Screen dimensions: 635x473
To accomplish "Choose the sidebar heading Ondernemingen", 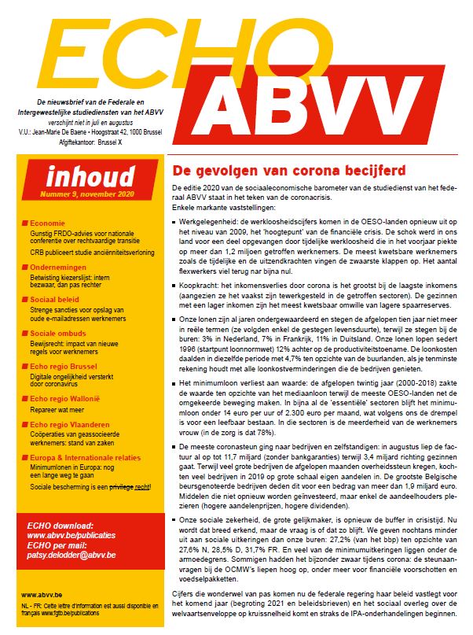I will [62, 268].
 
